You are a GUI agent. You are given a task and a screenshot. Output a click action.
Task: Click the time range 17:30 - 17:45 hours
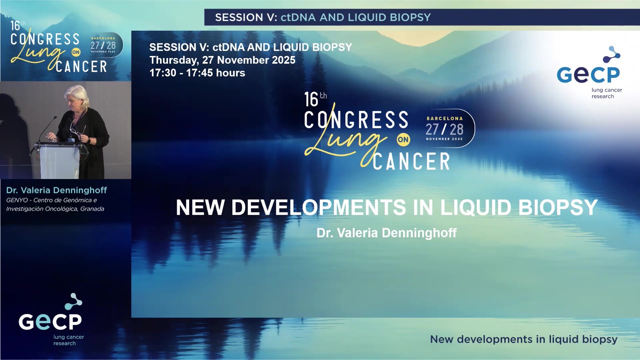(x=197, y=73)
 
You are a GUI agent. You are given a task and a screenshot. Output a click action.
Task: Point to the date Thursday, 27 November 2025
(x=222, y=60)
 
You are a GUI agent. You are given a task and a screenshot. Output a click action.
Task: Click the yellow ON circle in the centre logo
(x=403, y=140)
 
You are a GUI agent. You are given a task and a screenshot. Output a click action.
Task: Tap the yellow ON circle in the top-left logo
(x=76, y=52)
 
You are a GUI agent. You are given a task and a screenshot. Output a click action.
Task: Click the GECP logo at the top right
(x=589, y=73)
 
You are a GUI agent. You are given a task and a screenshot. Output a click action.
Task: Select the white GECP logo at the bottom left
(x=51, y=320)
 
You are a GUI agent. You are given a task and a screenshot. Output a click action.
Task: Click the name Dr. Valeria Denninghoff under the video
(x=57, y=190)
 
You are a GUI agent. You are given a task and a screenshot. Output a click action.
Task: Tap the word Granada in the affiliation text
(x=92, y=209)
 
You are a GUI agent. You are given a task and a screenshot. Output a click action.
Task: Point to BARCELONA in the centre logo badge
(x=445, y=119)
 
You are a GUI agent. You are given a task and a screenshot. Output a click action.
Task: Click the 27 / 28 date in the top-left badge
(x=103, y=45)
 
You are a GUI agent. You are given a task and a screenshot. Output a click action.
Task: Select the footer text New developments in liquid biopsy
(x=523, y=339)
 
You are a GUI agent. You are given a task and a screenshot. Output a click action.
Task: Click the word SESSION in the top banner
(x=239, y=17)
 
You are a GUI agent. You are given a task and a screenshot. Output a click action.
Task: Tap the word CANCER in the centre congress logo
(x=411, y=162)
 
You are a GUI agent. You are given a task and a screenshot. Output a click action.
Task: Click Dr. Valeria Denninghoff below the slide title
(x=386, y=233)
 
